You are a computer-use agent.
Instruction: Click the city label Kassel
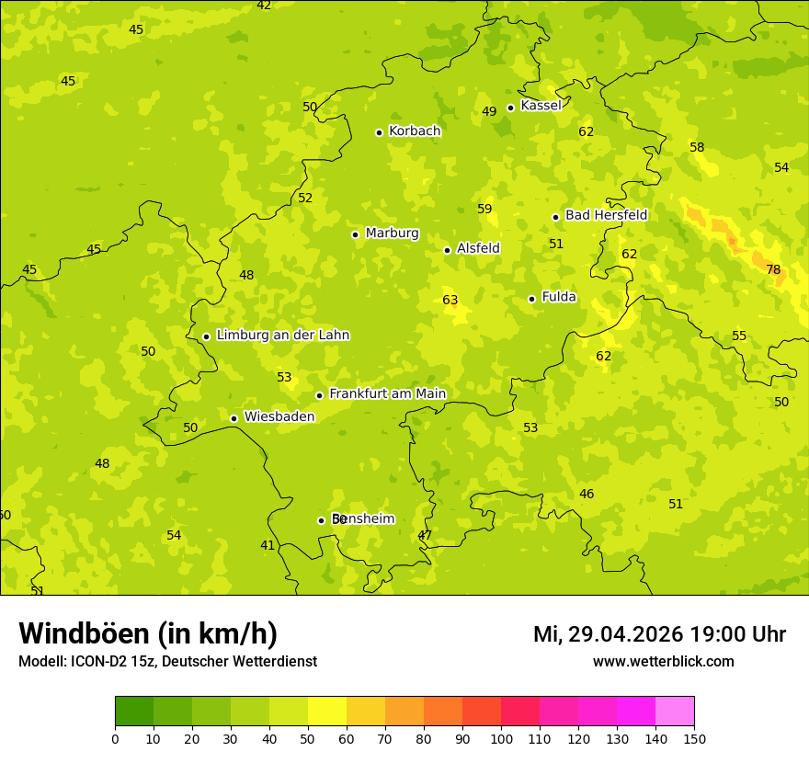541,106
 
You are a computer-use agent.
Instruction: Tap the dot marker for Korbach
379,132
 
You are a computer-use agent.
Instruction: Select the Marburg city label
392,233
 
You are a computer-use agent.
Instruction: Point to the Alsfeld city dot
448,250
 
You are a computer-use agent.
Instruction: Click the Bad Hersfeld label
606,215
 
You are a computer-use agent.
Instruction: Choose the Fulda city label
559,297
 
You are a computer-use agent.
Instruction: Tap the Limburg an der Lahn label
282,336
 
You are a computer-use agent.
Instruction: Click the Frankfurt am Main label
387,394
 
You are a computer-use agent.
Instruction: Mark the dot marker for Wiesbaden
234,418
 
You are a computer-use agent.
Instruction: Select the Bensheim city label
363,519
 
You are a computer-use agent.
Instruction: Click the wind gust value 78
773,269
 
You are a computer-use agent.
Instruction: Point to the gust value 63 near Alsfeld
450,301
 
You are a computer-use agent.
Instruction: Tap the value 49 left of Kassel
489,112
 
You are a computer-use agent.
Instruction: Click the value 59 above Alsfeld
484,210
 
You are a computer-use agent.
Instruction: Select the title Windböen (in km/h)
148,633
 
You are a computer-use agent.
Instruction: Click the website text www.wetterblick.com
663,662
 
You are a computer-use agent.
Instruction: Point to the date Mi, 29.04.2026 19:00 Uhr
659,634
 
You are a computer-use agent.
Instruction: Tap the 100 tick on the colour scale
501,738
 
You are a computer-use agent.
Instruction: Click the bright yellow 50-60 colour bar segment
327,712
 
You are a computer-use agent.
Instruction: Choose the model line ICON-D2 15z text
167,662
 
